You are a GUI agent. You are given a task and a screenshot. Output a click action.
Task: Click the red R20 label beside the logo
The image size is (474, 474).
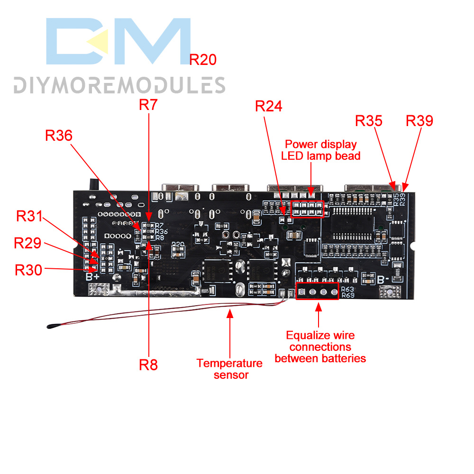tap(203, 60)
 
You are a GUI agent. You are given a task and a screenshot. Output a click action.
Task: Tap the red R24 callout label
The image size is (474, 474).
tap(268, 107)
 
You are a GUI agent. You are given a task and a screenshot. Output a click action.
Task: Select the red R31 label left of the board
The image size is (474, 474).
tap(29, 216)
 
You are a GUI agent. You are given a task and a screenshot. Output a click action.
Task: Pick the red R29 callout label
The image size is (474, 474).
tap(27, 243)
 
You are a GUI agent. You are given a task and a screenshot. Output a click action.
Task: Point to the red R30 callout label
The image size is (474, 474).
tap(29, 270)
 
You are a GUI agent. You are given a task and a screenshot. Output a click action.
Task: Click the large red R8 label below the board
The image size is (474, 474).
tap(148, 365)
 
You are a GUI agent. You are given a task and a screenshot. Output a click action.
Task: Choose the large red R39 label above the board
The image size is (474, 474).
tap(419, 121)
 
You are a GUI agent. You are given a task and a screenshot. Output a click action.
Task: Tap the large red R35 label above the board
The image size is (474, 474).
tap(369, 121)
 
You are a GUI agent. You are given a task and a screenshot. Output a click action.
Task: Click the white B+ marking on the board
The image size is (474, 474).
tap(92, 275)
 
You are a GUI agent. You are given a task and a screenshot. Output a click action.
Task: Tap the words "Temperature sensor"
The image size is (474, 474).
tap(229, 369)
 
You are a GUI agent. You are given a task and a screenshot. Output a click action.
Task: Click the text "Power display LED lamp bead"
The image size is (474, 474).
tap(321, 150)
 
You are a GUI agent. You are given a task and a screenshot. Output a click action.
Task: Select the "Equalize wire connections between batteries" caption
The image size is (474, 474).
tap(320, 347)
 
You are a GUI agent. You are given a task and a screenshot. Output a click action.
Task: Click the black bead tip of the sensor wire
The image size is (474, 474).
tap(50, 326)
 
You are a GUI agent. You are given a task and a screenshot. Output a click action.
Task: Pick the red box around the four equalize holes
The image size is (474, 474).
tap(318, 292)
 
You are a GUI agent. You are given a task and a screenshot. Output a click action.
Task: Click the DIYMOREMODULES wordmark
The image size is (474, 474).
tap(119, 85)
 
